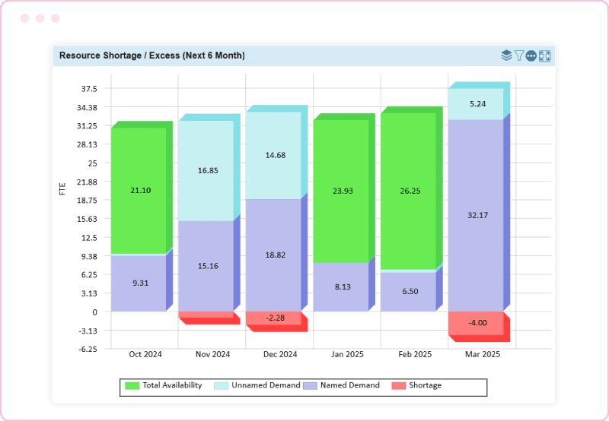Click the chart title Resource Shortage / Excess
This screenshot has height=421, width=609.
click(151, 55)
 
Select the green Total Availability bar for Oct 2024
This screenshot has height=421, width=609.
click(138, 190)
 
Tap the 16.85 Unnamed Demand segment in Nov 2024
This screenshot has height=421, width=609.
click(206, 171)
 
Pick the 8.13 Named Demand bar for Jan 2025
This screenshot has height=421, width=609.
click(340, 286)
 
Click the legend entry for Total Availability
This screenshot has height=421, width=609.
click(164, 385)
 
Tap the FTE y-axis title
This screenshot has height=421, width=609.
click(62, 188)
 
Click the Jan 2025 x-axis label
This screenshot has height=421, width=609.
click(347, 354)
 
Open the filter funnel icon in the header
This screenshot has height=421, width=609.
click(518, 55)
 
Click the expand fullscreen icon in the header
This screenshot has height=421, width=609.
click(544, 55)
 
